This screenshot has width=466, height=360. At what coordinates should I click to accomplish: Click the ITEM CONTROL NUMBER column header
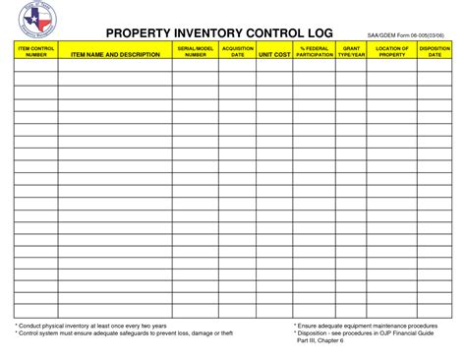click(35, 50)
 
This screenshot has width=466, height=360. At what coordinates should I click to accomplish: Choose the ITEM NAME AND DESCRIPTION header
click(114, 54)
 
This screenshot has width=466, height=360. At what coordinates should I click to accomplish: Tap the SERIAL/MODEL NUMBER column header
click(195, 50)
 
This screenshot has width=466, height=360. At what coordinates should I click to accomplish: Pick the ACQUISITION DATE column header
click(237, 50)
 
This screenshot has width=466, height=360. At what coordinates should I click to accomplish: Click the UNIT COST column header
click(274, 54)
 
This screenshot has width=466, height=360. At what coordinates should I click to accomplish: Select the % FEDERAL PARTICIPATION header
click(314, 50)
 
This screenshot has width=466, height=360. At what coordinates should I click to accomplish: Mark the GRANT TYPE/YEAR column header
click(351, 50)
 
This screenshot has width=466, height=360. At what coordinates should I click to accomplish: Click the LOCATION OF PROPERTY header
click(391, 50)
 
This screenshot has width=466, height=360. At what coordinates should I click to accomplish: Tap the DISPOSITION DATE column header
click(434, 50)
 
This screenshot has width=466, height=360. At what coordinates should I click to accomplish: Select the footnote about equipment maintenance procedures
click(366, 324)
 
